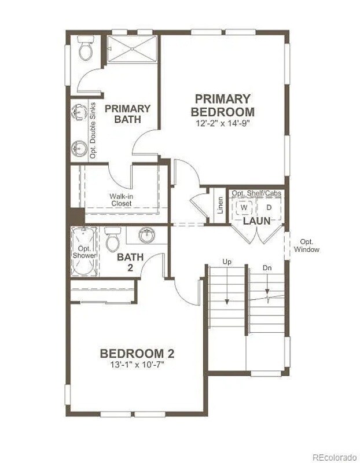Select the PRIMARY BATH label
tap(127, 113)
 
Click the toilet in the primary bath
tap(86, 49)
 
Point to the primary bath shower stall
tap(131, 49)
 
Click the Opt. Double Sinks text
tap(93, 129)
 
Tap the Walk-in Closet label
tap(121, 200)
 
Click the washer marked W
tap(244, 207)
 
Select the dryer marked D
tap(269, 207)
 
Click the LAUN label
tap(256, 221)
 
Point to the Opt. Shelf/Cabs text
tap(256, 193)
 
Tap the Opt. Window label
tap(306, 245)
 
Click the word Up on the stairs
tap(227, 262)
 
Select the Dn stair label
tap(267, 268)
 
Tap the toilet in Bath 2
tap(112, 241)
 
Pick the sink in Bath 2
tap(148, 235)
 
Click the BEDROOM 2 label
tap(137, 354)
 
